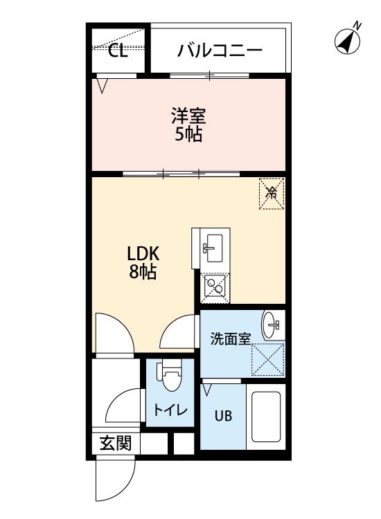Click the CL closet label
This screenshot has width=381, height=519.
point(118,51)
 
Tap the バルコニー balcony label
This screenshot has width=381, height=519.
point(220,51)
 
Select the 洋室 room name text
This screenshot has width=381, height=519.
point(188,116)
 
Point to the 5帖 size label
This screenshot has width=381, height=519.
point(188,134)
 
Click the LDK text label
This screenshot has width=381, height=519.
point(143,254)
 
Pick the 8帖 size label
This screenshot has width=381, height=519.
point(143,272)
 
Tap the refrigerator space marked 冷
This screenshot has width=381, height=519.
point(272,194)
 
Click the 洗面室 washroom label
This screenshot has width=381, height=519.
point(231,339)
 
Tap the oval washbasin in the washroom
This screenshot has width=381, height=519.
point(272,325)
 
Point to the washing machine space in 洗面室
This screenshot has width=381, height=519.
point(267,359)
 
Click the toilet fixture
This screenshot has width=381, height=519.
point(170,376)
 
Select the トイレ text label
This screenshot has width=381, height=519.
point(170,411)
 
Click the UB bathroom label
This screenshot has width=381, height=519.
point(223,416)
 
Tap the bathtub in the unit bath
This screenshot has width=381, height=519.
point(266,417)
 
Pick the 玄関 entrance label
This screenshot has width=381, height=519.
point(116,443)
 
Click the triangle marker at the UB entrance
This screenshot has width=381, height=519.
point(206,390)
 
